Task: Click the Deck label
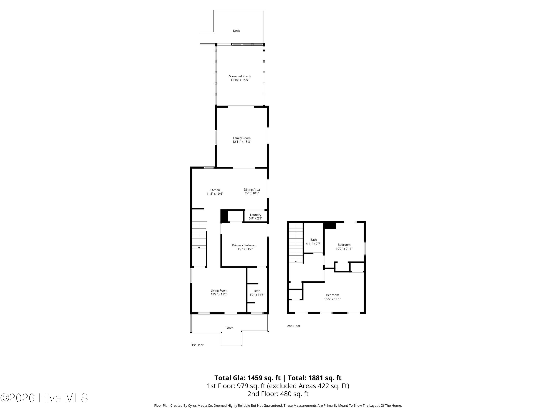click(236, 31)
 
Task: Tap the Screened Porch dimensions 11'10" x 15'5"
click(240, 80)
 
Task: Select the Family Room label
click(241, 138)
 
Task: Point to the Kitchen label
click(215, 190)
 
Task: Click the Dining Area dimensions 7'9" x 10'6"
click(252, 193)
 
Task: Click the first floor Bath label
click(257, 291)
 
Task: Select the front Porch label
click(229, 328)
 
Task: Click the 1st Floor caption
click(198, 345)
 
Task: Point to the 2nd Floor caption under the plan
click(294, 326)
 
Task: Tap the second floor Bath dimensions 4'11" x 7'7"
click(313, 244)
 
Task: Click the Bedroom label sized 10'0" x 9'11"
click(344, 245)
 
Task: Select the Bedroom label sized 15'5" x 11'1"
click(332, 295)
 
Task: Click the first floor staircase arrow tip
click(199, 249)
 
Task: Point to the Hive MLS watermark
click(44, 398)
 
